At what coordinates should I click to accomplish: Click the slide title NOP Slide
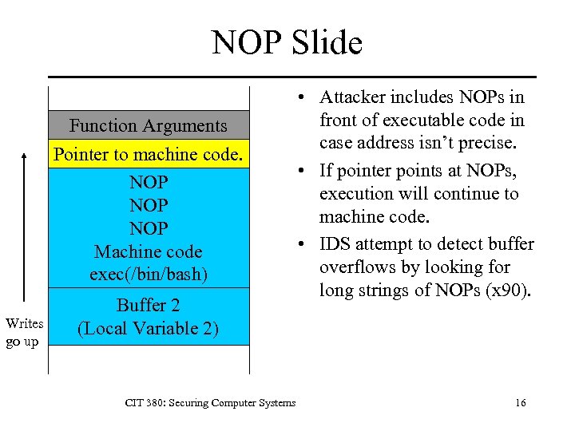(287, 42)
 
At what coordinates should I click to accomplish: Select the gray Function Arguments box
(149, 126)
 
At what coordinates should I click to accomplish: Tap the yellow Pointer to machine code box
(149, 154)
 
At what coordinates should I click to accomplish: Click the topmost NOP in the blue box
(149, 182)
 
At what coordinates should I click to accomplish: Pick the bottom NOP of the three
(149, 228)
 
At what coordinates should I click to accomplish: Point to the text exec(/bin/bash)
(149, 275)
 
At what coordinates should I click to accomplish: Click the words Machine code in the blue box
(149, 252)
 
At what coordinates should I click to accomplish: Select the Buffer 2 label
(149, 306)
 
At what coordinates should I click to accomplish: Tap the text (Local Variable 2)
(149, 328)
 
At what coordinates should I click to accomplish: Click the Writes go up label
(24, 330)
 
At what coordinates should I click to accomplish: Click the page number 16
(521, 403)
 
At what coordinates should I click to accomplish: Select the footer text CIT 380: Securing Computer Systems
(210, 403)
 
